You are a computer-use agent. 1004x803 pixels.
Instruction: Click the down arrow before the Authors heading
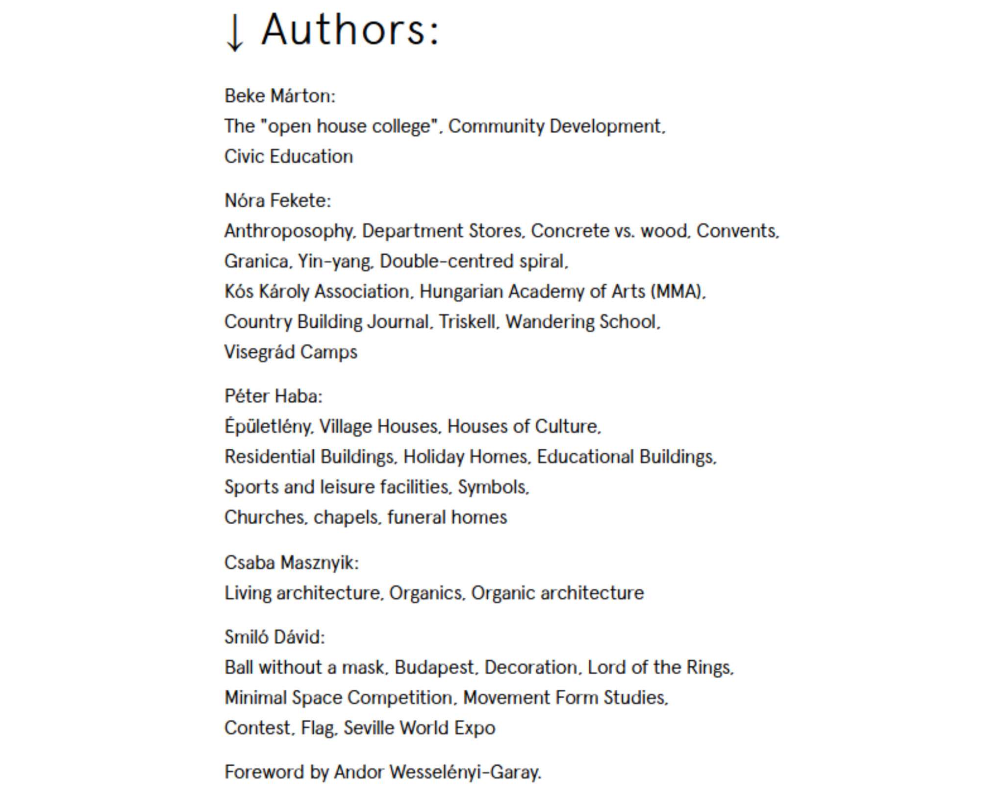pyautogui.click(x=234, y=32)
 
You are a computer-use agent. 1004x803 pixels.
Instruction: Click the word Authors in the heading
pyautogui.click(x=350, y=30)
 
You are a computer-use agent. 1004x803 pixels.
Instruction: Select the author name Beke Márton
pyautogui.click(x=278, y=96)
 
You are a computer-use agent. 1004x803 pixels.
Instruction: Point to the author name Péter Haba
pyautogui.click(x=272, y=396)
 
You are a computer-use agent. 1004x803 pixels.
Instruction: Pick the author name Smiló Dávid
pyautogui.click(x=273, y=637)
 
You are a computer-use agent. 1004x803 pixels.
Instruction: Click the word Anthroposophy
pyautogui.click(x=289, y=231)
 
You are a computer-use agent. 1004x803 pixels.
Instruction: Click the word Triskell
pyautogui.click(x=467, y=322)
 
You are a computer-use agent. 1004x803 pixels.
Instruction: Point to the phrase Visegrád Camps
pyautogui.click(x=291, y=352)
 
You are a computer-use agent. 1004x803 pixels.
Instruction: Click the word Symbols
pyautogui.click(x=492, y=487)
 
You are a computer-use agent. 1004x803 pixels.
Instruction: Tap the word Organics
pyautogui.click(x=426, y=593)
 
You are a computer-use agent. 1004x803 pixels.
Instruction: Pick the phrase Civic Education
pyautogui.click(x=288, y=157)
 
